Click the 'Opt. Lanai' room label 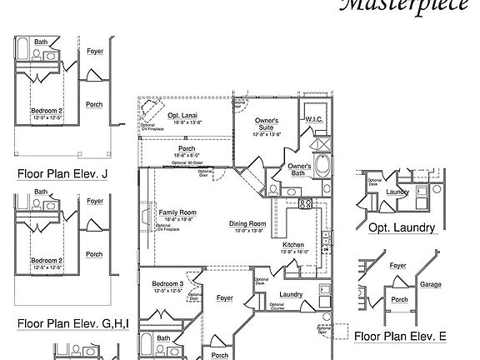coord(182,115)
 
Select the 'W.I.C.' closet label coord(314,119)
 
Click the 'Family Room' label coord(176,212)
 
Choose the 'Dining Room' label coord(247,223)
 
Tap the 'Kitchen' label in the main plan coord(292,244)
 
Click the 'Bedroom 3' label coord(167,284)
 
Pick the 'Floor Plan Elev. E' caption coord(400,337)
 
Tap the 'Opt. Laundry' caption coord(402,227)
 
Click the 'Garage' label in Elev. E coord(431,284)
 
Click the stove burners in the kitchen coord(305,203)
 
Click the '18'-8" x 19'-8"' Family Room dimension coord(176,220)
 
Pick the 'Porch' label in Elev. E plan coord(400,299)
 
